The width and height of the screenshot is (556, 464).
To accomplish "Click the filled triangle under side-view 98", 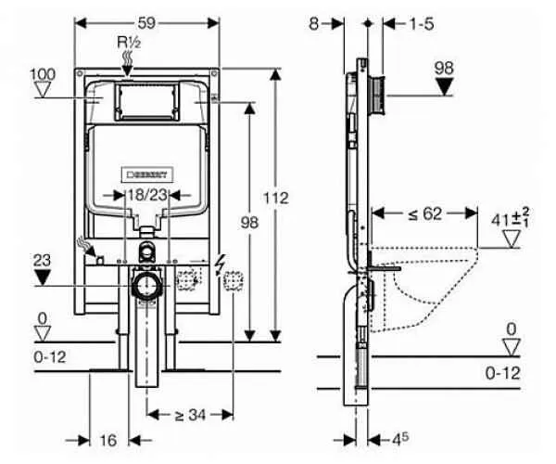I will [446, 88].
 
